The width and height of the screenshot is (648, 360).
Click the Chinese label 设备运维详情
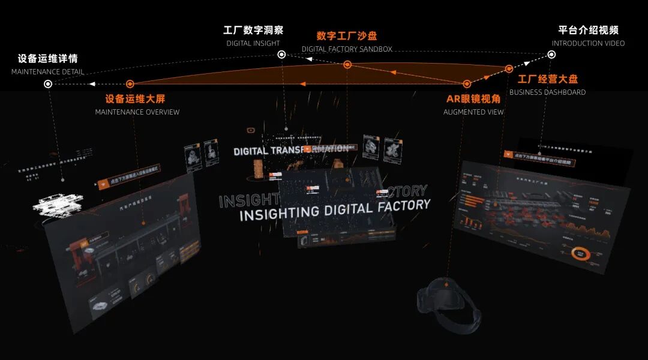coord(47,59)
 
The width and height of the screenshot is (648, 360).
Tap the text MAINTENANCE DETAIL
coord(47,72)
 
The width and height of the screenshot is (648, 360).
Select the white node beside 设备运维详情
coord(48,84)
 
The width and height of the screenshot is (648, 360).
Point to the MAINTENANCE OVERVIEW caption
coord(137,112)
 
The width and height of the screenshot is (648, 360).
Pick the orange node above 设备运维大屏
coord(130,84)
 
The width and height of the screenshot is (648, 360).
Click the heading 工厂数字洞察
coord(253,30)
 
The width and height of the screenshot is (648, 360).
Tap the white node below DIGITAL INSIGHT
coord(281,55)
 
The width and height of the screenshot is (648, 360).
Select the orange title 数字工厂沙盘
coord(347,36)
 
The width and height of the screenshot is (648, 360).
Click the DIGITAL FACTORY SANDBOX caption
coord(347,49)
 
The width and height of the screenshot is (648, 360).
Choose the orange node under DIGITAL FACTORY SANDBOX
coord(347,64)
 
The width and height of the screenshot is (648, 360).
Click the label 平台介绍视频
coord(588,30)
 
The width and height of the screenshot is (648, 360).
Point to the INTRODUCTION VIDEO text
coord(588,43)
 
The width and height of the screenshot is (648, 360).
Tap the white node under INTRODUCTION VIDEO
coord(551,55)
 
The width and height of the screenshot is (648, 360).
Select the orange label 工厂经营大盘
coord(548,79)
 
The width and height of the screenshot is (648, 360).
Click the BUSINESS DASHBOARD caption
coord(547,92)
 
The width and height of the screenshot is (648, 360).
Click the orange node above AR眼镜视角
coord(467,84)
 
